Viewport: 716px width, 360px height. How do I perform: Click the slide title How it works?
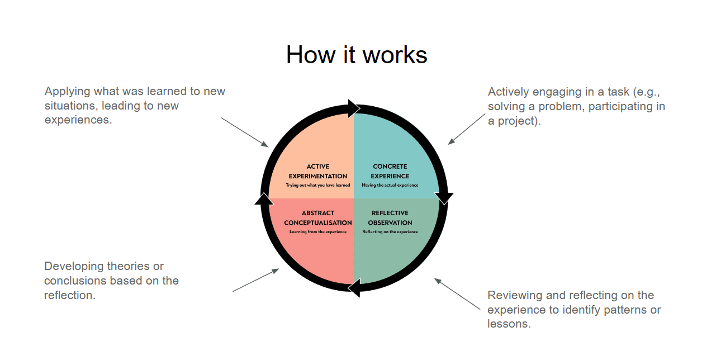(x=357, y=55)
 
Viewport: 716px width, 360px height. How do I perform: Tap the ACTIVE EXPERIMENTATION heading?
(x=318, y=171)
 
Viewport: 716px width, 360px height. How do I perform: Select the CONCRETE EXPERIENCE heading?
(x=390, y=171)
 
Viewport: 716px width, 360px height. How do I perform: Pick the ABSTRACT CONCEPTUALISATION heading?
(x=318, y=217)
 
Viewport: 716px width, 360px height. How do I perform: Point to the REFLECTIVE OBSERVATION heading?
(x=390, y=217)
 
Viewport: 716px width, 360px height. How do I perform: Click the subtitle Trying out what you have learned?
(x=318, y=185)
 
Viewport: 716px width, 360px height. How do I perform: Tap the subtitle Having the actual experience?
(x=390, y=185)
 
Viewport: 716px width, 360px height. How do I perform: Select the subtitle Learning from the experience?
(x=318, y=231)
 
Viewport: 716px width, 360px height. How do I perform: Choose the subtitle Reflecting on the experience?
(x=390, y=231)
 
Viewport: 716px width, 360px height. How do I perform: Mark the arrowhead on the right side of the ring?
(x=444, y=198)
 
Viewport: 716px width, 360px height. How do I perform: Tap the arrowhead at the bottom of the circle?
(x=354, y=288)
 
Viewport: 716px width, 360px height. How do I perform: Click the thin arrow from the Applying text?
(x=245, y=132)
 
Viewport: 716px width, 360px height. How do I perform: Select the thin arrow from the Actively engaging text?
(x=467, y=129)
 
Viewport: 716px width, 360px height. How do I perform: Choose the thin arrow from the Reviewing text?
(x=457, y=293)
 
